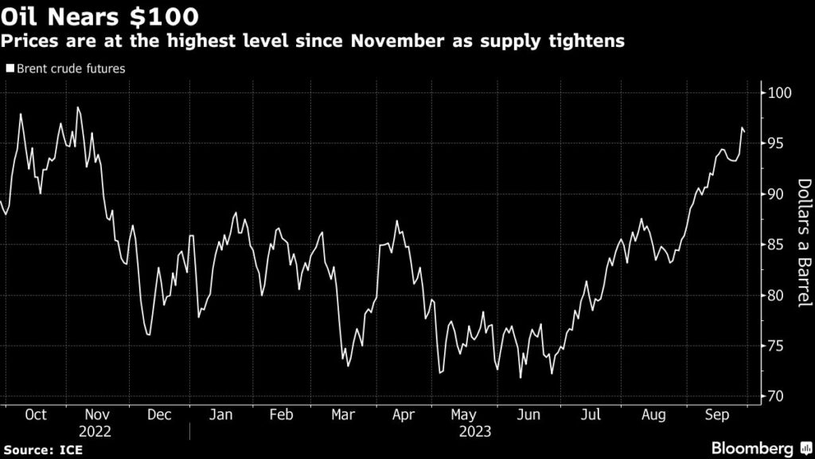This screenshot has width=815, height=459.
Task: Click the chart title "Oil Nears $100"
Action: tap(99, 16)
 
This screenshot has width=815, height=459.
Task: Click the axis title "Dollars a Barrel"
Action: tap(804, 244)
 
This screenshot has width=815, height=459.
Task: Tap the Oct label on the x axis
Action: tap(36, 415)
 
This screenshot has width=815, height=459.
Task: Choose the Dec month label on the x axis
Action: tap(158, 415)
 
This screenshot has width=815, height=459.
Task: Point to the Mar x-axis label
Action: tap(342, 415)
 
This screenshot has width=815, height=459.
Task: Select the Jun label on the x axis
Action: tap(525, 415)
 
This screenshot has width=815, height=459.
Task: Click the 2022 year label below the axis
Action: tap(96, 431)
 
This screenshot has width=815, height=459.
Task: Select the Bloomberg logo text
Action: tap(751, 448)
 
